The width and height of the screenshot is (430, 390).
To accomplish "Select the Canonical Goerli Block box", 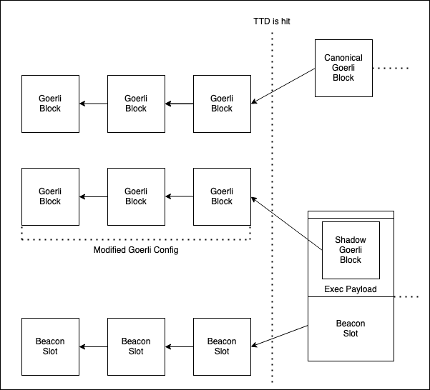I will point(343,68).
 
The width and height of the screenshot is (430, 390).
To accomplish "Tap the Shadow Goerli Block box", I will point(351,250).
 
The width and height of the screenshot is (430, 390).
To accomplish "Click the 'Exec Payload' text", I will point(351,289).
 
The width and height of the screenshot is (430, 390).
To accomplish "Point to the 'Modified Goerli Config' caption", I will point(135,250).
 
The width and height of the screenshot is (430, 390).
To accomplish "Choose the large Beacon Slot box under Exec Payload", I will point(351,329).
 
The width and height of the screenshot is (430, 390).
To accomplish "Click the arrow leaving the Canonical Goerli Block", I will point(283,86).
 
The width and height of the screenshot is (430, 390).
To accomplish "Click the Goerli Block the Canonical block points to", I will point(222,104).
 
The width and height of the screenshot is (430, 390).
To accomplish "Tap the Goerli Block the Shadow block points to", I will point(222,196).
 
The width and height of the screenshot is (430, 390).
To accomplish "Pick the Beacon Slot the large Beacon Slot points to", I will point(222,346).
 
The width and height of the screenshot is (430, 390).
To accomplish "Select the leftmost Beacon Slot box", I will point(50,346).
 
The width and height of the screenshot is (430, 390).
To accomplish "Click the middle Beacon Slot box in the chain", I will point(136,346).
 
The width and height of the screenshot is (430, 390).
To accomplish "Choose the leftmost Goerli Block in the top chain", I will point(50,104).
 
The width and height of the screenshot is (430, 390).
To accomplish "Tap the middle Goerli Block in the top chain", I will point(136,104).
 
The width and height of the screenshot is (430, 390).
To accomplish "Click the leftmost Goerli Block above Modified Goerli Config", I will point(50,196).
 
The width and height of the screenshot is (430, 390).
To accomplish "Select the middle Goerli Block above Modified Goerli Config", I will point(136,196).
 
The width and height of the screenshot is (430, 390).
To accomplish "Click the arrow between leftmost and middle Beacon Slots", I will point(93,346).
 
